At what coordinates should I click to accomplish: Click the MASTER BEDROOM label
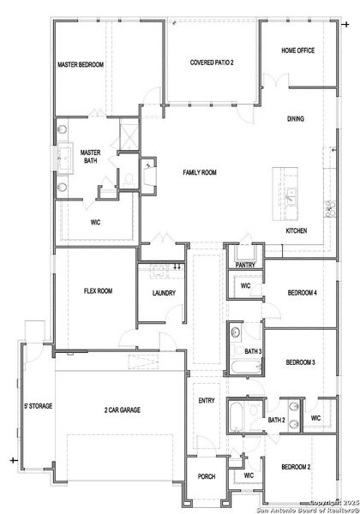(80, 64)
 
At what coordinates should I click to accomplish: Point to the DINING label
(295, 118)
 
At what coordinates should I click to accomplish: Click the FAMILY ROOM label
(199, 172)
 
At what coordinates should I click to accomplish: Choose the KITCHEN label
(296, 230)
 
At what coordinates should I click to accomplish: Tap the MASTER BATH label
(91, 157)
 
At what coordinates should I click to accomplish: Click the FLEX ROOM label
(98, 291)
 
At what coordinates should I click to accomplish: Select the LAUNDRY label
(164, 294)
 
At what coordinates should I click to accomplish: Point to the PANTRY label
(246, 266)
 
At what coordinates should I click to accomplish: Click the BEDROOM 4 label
(302, 293)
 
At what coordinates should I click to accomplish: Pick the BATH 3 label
(253, 352)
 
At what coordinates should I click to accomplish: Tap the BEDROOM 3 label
(300, 362)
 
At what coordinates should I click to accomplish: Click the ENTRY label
(207, 400)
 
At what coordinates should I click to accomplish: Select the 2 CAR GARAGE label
(123, 410)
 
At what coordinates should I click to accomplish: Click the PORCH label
(207, 475)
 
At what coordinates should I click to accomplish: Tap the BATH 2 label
(276, 420)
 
